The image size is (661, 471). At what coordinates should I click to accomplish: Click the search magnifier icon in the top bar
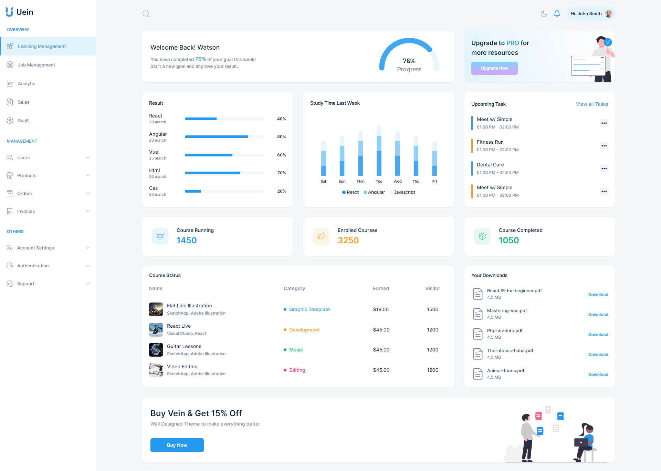(x=146, y=14)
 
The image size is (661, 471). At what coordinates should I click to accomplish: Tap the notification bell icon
(x=557, y=14)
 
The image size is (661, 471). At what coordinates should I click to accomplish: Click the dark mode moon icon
(x=544, y=14)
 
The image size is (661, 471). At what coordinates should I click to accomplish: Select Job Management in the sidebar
(x=36, y=65)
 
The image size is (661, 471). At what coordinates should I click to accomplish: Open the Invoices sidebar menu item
(x=26, y=211)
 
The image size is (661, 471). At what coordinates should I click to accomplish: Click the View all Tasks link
(x=592, y=104)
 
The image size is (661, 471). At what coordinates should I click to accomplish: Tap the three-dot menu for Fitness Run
(x=604, y=146)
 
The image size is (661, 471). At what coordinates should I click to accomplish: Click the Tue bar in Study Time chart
(x=379, y=152)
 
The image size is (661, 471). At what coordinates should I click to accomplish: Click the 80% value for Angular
(x=281, y=137)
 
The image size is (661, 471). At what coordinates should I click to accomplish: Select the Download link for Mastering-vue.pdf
(x=598, y=315)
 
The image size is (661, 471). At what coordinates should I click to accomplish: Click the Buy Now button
(x=177, y=445)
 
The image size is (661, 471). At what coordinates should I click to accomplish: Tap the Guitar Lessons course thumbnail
(x=156, y=350)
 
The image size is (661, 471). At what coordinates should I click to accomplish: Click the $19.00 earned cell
(x=381, y=309)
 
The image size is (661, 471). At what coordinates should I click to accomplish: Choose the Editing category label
(x=297, y=370)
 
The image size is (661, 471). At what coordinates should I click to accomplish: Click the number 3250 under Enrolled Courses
(x=348, y=240)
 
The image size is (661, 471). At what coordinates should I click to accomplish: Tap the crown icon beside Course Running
(x=160, y=236)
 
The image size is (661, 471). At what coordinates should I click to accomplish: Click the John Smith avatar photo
(x=608, y=14)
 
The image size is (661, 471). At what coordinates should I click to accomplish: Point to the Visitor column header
(x=432, y=288)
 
